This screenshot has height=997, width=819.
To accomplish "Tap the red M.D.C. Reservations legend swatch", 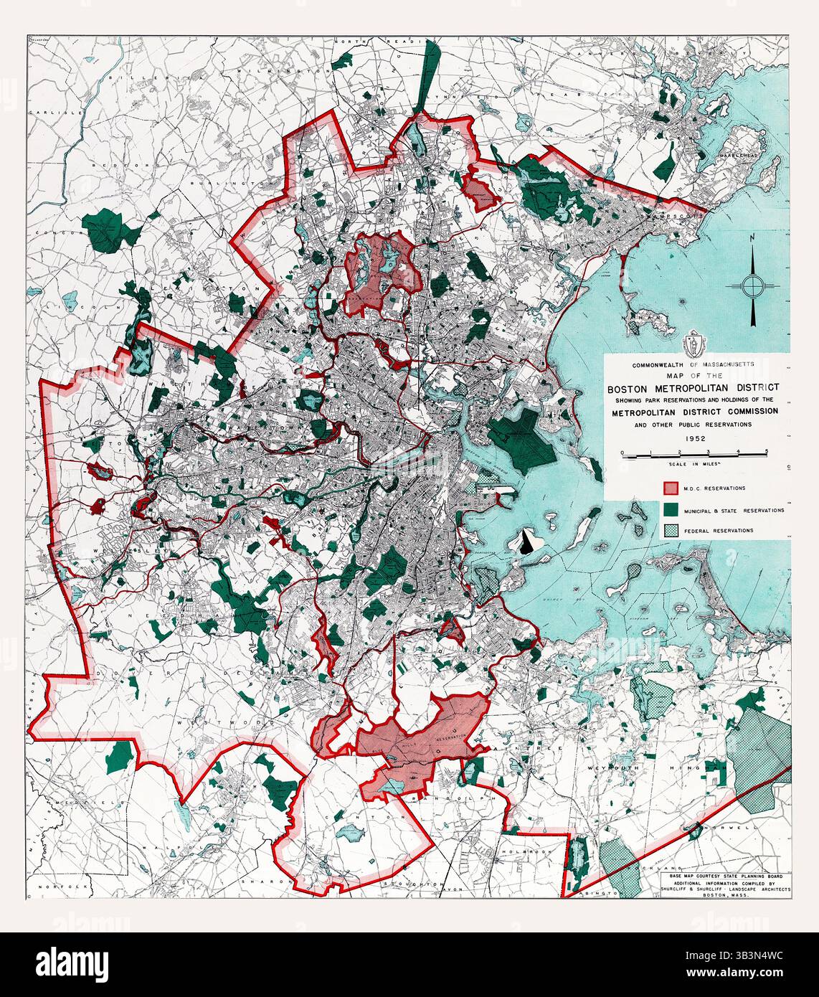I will pyautogui.click(x=670, y=488).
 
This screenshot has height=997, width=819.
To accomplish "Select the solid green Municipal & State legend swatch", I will pyautogui.click(x=670, y=510).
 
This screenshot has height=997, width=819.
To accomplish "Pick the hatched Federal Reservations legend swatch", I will pyautogui.click(x=670, y=531).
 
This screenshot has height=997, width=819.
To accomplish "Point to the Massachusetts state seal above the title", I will pyautogui.click(x=692, y=344).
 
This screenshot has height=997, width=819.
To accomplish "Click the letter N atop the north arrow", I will pyautogui.click(x=751, y=238).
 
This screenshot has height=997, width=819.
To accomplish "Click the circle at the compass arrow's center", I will pyautogui.click(x=752, y=285).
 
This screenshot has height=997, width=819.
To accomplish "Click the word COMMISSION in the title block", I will pyautogui.click(x=744, y=411).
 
